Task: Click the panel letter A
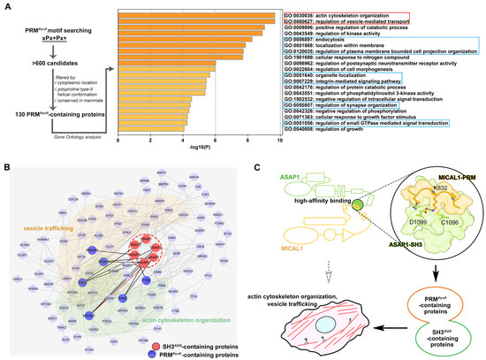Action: tap(6, 7)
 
